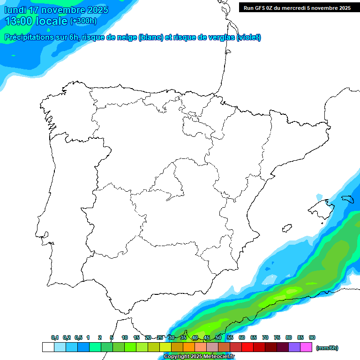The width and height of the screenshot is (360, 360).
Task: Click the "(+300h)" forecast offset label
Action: click(x=83, y=21)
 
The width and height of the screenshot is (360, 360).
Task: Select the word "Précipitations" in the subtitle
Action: click(x=29, y=37)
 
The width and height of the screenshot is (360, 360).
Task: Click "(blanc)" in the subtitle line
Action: click(x=150, y=37)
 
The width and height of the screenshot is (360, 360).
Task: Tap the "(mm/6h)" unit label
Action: click(x=327, y=348)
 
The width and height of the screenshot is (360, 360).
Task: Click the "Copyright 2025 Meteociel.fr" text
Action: click(x=199, y=357)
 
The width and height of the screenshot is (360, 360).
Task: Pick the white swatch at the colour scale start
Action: click(x=48, y=347)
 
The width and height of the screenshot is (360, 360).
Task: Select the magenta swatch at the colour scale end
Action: click(x=306, y=347)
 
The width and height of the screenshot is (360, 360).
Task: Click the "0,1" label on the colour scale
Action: click(x=55, y=337)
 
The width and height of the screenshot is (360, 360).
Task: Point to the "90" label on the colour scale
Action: click(x=312, y=337)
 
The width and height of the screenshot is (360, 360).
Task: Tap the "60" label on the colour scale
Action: click(x=242, y=337)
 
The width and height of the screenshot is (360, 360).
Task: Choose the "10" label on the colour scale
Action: click(x=125, y=337)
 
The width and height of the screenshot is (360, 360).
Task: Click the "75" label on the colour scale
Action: click(x=277, y=337)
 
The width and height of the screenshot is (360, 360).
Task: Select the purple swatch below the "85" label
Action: click(x=294, y=347)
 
